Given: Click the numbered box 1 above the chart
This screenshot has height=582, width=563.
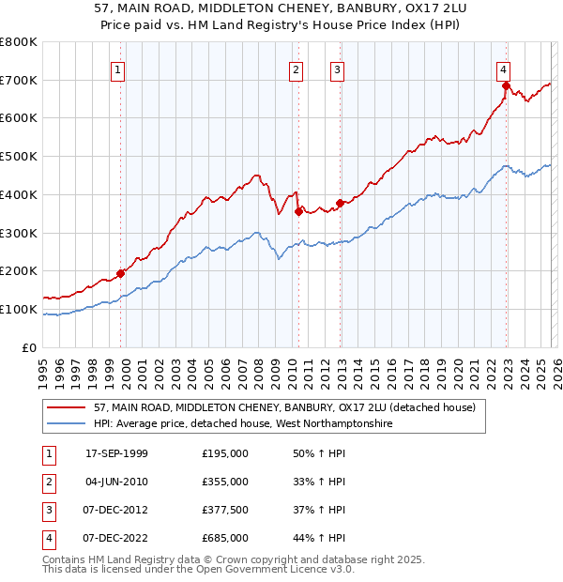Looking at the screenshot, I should click(x=118, y=69).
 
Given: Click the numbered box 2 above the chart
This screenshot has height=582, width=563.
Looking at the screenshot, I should click(x=296, y=69).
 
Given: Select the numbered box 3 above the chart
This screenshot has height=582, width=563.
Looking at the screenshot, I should click(x=337, y=69).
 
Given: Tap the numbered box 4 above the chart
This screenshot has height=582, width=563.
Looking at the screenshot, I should click(x=504, y=69).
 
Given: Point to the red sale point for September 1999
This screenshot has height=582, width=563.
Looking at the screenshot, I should click(x=121, y=273).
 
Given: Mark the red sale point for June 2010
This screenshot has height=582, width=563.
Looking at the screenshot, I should click(x=298, y=212).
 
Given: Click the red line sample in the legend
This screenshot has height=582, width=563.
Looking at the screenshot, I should click(x=67, y=408).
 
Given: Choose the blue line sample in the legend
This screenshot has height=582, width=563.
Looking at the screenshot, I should click(x=67, y=424).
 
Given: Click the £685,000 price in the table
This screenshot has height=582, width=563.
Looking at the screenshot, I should click(x=225, y=538).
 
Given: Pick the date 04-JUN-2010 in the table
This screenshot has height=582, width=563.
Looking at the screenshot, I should click(x=116, y=482).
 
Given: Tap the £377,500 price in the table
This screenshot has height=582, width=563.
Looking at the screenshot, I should click(x=225, y=510).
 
